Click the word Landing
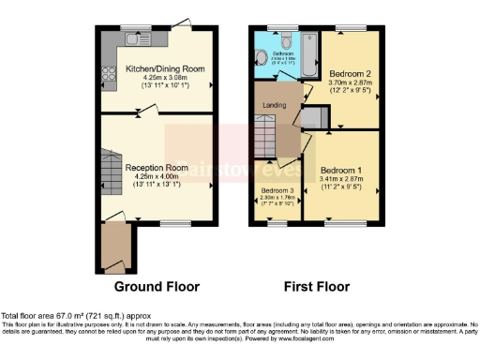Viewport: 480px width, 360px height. (274, 104)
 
